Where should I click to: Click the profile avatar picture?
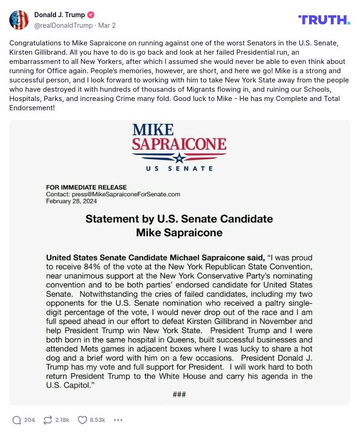[19, 19]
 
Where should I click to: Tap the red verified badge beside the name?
[91, 15]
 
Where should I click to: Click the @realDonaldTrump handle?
[63, 25]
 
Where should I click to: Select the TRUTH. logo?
[324, 19]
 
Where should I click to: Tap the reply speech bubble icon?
[17, 420]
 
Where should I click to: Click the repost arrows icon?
[47, 420]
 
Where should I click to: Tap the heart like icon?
[82, 420]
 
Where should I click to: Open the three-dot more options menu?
[118, 420]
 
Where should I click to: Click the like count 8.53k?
[97, 420]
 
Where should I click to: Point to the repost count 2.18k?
[62, 420]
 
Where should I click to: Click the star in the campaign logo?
[179, 157]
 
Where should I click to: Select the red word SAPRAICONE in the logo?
[179, 144]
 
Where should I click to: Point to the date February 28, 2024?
[71, 201]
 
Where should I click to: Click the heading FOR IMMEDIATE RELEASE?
[86, 188]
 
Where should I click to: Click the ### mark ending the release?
[179, 394]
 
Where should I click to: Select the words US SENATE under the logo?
[179, 169]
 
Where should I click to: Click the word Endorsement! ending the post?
[32, 108]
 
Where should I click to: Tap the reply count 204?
[30, 420]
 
